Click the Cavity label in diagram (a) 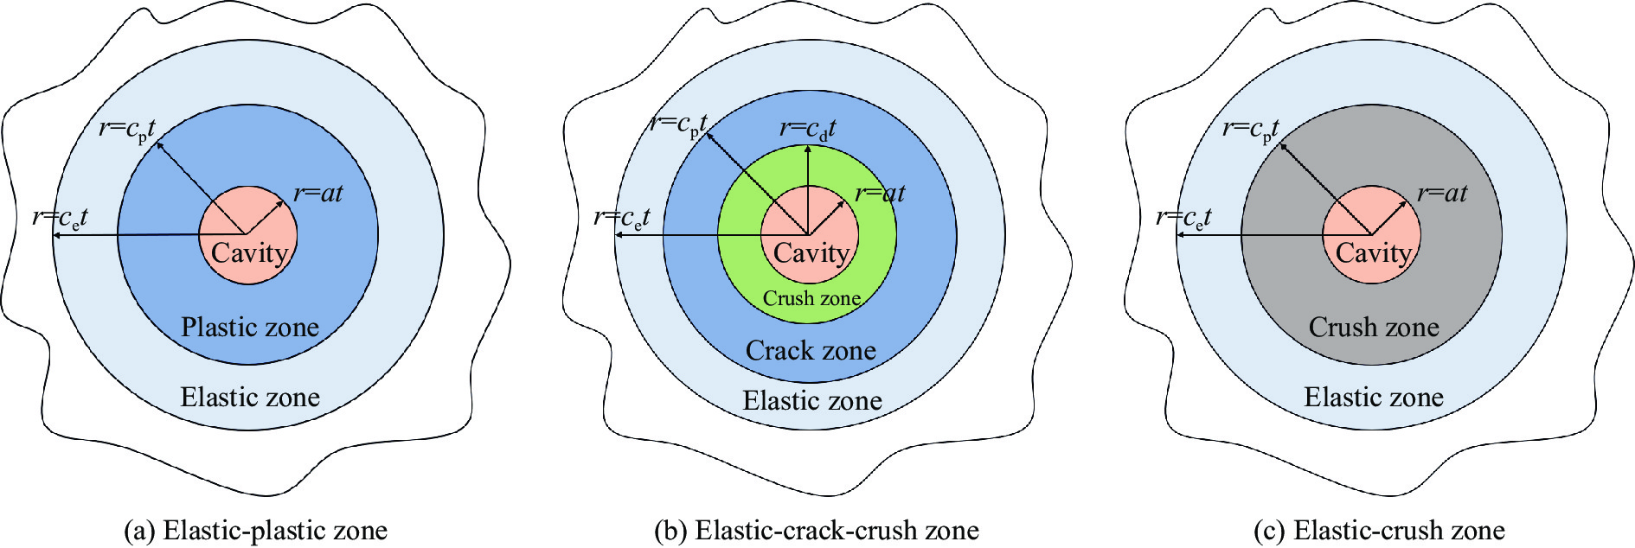[x=249, y=253]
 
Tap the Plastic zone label [x=250, y=328]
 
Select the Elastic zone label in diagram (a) [x=250, y=398]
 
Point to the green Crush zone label [x=811, y=298]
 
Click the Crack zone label [x=811, y=350]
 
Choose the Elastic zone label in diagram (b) [x=812, y=401]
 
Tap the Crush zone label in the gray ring [x=1374, y=328]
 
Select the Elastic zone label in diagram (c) [x=1374, y=398]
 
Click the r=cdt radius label [x=808, y=130]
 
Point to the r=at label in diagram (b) [x=880, y=194]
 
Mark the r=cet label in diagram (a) [x=60, y=218]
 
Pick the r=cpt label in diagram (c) [x=1250, y=130]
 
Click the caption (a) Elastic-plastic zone [x=256, y=530]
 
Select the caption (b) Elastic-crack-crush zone [x=817, y=530]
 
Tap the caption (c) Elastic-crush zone [x=1379, y=530]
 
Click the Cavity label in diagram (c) [x=1374, y=253]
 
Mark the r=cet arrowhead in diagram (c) [x=1180, y=234]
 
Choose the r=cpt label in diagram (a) [x=127, y=130]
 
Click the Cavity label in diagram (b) [x=811, y=253]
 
